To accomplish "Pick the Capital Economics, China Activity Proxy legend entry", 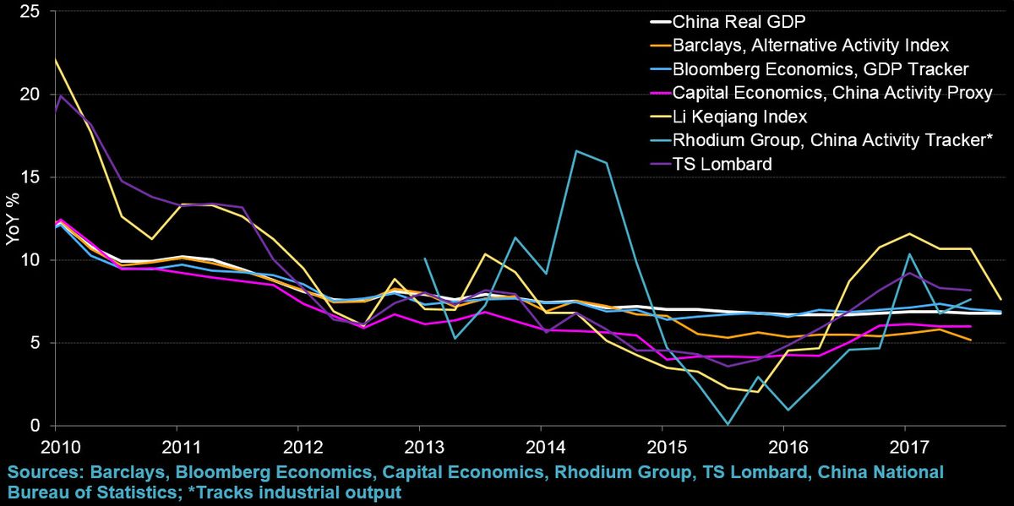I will (x=831, y=92).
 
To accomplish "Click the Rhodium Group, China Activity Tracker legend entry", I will (x=833, y=140).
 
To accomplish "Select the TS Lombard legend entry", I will (x=722, y=164).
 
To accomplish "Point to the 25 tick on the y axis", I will (x=30, y=12).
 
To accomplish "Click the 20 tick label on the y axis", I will (x=30, y=95).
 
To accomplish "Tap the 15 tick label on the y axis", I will (x=30, y=177).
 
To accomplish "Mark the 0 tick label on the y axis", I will (x=35, y=426).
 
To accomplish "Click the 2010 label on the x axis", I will (x=55, y=445).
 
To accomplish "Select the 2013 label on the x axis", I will (x=420, y=445).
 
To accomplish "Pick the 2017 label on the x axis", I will (x=906, y=445).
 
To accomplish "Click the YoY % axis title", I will (x=12, y=219).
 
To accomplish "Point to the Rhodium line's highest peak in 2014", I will (x=575, y=151).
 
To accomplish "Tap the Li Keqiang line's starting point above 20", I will (x=55, y=60).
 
